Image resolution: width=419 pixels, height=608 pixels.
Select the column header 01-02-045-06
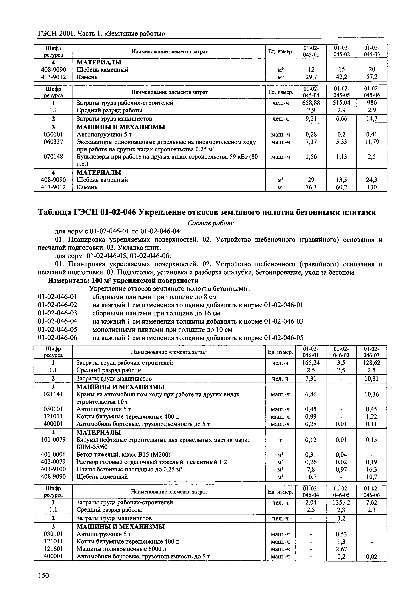click(x=372, y=92)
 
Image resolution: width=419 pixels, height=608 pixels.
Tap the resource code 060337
click(x=53, y=142)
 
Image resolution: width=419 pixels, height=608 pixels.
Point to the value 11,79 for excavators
click(x=372, y=142)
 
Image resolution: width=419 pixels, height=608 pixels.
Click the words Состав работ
click(x=211, y=223)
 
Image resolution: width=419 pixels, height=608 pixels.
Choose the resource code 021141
click(x=53, y=394)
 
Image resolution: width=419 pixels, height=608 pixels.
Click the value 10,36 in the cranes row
click(x=372, y=394)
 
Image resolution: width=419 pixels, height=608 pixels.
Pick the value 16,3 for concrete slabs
click(x=372, y=469)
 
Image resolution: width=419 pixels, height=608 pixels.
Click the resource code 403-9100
click(x=53, y=469)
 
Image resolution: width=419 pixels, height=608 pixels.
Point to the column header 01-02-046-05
click(x=341, y=492)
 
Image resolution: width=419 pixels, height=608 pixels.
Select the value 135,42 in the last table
click(x=341, y=502)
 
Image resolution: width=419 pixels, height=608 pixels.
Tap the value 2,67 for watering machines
click(x=341, y=549)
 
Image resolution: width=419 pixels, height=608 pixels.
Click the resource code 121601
click(x=53, y=549)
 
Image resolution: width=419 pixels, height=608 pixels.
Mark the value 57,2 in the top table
click(x=372, y=77)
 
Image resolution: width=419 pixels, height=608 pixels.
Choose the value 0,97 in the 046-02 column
click(x=341, y=469)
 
